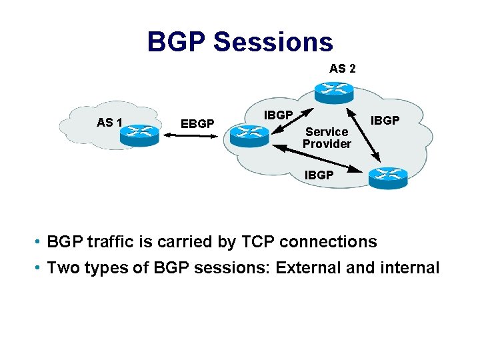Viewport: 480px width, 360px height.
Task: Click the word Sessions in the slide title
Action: coord(273,42)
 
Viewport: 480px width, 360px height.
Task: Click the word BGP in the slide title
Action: coord(177,42)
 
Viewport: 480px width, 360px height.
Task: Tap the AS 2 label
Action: coord(342,68)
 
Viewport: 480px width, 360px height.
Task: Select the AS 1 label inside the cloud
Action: coord(109,122)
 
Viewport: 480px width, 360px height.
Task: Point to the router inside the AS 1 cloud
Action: coord(139,131)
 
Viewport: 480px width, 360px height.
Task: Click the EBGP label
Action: coord(197,123)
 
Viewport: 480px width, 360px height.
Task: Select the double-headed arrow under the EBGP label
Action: coord(193,136)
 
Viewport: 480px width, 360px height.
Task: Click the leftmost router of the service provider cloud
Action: coord(247,136)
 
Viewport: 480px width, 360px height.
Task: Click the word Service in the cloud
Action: coord(327,132)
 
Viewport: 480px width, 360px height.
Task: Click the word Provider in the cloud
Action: coord(327,144)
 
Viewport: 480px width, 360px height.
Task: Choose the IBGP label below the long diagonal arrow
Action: coord(319,175)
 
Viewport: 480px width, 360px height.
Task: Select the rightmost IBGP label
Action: coord(385,121)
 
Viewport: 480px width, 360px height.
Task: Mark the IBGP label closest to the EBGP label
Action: coord(279,115)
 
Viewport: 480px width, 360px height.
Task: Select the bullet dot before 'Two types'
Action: coord(41,268)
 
